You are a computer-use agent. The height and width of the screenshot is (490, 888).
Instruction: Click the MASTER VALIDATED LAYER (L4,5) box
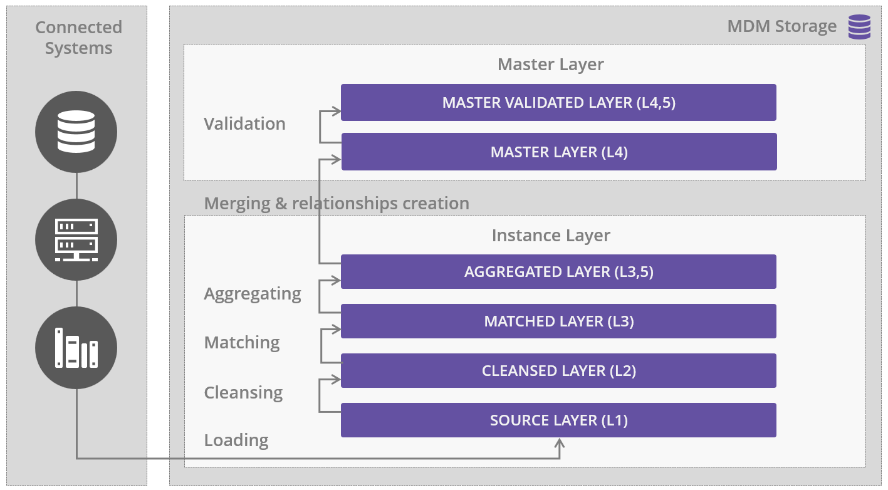(558, 103)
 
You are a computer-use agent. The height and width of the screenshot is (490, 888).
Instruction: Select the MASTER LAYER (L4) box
(558, 152)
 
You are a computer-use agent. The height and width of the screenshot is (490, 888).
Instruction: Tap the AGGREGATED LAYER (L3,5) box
(558, 272)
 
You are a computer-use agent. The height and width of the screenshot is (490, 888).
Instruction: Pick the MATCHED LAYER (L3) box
(558, 321)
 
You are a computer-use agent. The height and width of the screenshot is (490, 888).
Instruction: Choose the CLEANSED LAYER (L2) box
(558, 371)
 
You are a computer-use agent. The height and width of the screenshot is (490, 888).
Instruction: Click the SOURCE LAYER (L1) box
(558, 420)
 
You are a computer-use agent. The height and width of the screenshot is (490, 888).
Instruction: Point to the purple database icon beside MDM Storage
(859, 27)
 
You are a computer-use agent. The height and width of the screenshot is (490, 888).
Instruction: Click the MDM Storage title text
(781, 26)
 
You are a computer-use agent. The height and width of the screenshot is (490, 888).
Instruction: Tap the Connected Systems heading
(78, 38)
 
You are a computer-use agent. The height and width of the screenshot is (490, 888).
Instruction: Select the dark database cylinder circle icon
(76, 132)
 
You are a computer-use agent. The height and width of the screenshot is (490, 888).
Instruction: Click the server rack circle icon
(76, 239)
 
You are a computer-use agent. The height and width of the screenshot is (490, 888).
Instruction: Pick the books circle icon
(76, 347)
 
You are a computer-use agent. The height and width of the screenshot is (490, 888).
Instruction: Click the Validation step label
(244, 123)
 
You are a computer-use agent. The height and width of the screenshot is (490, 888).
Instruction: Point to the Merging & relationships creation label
(337, 203)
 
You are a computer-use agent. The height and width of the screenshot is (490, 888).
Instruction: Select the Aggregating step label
(253, 293)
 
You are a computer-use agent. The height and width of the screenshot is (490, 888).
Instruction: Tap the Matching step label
(242, 342)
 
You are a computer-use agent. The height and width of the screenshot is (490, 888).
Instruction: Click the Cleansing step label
(243, 392)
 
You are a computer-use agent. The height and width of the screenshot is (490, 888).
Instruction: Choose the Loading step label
(236, 440)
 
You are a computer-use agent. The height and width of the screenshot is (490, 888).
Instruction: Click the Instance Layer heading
(550, 235)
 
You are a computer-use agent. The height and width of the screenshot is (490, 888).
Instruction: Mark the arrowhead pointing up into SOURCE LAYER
(560, 444)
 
